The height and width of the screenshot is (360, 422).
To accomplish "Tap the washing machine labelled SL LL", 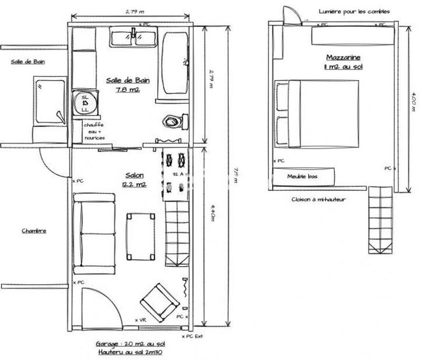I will tap(84, 103).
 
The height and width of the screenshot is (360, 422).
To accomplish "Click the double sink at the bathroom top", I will tap(133, 38).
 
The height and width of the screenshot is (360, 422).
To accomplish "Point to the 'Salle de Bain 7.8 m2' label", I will tap(128, 85).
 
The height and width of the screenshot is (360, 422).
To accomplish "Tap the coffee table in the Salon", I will tap(140, 236).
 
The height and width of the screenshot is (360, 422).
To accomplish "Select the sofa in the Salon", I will tap(93, 233).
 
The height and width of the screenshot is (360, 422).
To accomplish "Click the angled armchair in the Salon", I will tap(159, 301).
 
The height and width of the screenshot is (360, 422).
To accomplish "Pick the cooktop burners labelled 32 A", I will tap(175, 172).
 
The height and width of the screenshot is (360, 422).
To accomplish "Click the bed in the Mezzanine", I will tap(318, 113).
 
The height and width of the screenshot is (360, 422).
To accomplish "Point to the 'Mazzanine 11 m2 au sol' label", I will tap(344, 61).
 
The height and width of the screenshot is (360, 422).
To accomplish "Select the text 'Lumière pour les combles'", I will tap(354, 11).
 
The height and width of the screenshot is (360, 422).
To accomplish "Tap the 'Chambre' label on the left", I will tap(34, 231).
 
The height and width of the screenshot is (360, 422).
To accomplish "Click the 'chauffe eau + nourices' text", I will tap(94, 131).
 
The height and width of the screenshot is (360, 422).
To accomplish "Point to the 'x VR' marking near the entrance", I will tap(140, 320).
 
